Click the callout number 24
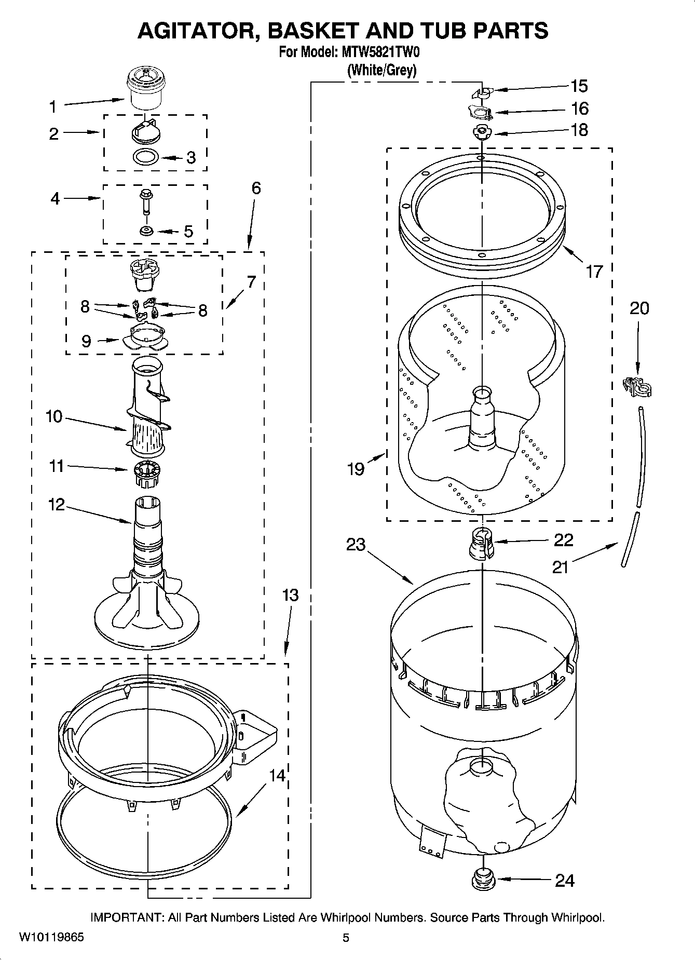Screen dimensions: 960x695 (x=565, y=881)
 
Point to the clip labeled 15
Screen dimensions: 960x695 (x=481, y=92)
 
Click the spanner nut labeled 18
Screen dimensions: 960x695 (x=482, y=132)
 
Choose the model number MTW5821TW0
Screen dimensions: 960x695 (x=379, y=52)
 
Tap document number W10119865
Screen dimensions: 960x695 (x=51, y=937)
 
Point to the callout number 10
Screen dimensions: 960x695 (x=53, y=416)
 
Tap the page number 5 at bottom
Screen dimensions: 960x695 (x=346, y=938)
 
